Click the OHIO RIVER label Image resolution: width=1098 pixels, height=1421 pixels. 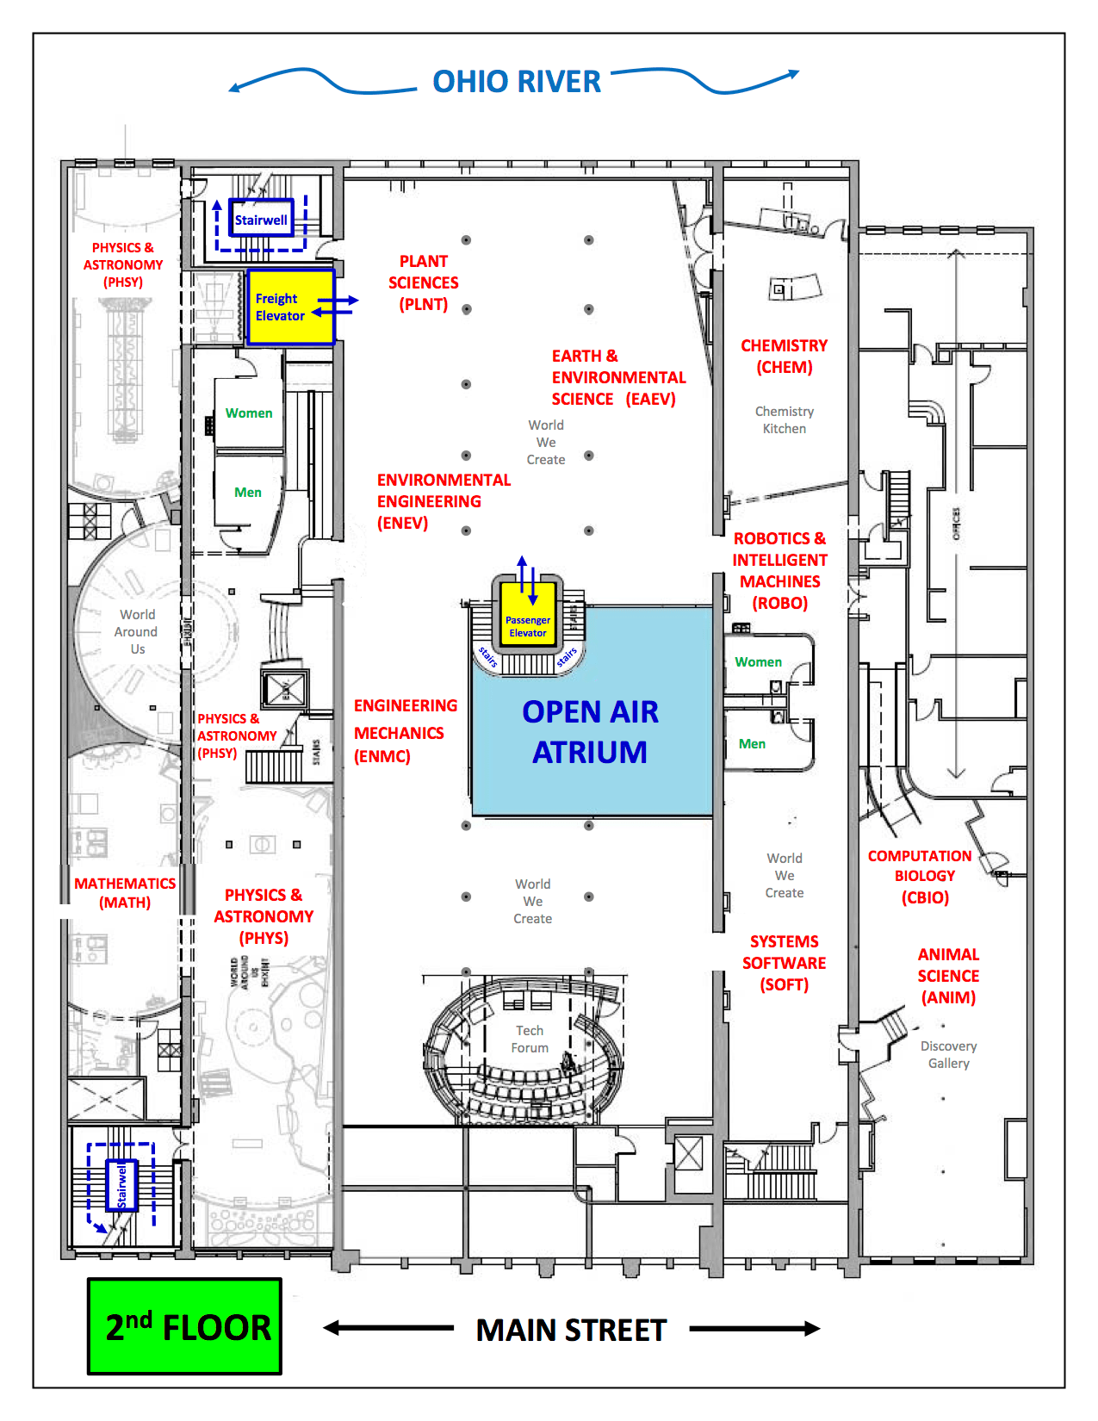click(x=516, y=82)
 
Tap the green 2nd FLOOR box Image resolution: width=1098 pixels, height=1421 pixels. click(x=184, y=1326)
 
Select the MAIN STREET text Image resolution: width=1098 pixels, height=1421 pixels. click(x=571, y=1330)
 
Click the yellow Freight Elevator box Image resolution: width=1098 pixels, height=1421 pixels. click(x=290, y=307)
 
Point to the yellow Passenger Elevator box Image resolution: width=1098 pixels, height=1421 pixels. click(x=527, y=615)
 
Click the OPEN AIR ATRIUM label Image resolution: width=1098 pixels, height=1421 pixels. click(x=590, y=731)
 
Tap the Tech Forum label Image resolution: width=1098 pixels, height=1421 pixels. click(x=530, y=1039)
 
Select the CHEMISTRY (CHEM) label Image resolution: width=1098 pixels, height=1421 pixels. click(x=784, y=356)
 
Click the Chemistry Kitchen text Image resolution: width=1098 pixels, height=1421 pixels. click(x=784, y=419)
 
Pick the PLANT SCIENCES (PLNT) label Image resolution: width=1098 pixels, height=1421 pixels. click(x=423, y=282)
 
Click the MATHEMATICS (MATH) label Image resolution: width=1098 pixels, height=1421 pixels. click(x=125, y=893)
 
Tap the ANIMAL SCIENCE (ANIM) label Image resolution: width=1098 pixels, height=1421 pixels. click(x=948, y=976)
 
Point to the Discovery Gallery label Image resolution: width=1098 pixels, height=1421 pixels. click(x=948, y=1054)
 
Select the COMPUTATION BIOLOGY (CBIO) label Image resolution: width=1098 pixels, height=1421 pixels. click(x=920, y=876)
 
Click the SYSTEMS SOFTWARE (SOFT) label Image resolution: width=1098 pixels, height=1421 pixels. click(x=784, y=963)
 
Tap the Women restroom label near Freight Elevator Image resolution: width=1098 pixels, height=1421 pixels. click(x=249, y=413)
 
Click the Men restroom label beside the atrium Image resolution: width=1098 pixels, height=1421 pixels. click(x=752, y=744)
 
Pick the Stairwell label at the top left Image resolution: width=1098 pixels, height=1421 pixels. click(x=261, y=220)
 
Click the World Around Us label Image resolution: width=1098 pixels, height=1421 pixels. click(x=137, y=631)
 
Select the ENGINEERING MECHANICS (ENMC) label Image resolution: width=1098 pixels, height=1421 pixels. click(x=405, y=731)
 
